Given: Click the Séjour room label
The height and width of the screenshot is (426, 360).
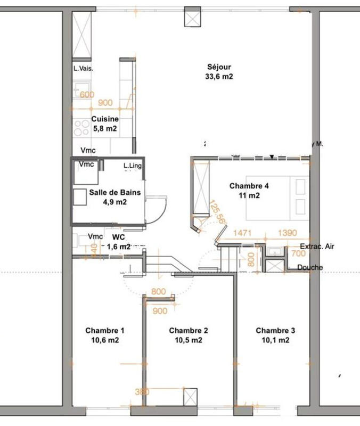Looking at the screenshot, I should click(x=219, y=67).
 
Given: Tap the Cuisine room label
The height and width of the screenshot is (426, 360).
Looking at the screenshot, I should click(x=104, y=119).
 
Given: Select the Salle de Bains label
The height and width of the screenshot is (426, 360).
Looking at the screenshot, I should click(x=108, y=193).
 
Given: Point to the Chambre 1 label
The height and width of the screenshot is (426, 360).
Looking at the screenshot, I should click(x=105, y=330).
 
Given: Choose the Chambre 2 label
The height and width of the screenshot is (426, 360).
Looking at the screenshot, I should click(x=188, y=330).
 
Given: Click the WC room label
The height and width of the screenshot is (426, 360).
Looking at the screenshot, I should click(x=118, y=237).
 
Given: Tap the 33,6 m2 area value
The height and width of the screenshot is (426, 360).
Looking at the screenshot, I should click(x=219, y=77).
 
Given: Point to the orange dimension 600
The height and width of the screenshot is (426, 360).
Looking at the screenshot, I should click(x=87, y=95).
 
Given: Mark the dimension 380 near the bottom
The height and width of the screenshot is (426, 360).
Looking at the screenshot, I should click(x=142, y=392).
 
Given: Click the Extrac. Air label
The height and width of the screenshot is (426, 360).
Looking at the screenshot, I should click(x=318, y=247).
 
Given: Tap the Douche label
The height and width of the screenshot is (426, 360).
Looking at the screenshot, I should click(x=310, y=267).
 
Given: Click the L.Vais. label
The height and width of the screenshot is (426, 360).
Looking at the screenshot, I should click(x=83, y=68).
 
